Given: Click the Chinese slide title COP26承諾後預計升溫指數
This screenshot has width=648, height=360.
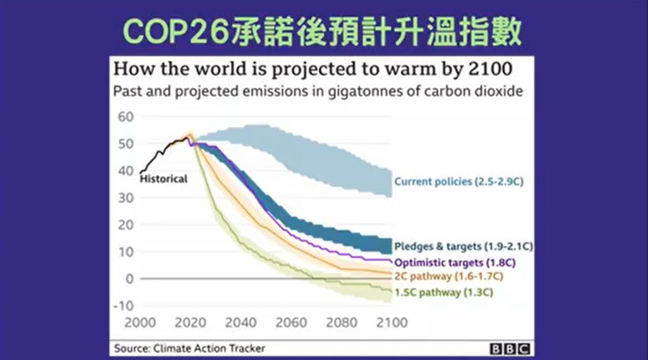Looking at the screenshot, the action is [322, 31].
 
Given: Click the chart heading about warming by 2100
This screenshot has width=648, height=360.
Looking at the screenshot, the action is [313, 69].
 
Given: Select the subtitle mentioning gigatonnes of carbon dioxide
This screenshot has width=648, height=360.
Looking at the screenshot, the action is [318, 91].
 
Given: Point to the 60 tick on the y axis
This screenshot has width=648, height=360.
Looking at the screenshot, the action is [126, 117].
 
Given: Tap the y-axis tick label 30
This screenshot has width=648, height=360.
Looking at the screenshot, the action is [126, 198].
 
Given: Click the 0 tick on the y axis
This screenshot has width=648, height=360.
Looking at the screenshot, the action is [130, 279].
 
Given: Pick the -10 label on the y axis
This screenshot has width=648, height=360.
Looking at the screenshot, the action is [123, 306].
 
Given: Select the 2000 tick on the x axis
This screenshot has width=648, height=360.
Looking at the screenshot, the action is [140, 322].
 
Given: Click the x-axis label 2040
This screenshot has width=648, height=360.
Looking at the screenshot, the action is [241, 322].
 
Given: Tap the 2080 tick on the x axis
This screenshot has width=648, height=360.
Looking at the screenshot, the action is [342, 322].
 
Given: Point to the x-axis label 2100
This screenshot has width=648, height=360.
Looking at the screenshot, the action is [391, 322].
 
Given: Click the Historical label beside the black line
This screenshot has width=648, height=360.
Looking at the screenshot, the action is [164, 179].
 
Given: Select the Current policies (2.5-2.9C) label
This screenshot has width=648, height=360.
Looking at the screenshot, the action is [459, 182].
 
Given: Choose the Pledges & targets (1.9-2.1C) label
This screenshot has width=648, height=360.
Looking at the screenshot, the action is [463, 247].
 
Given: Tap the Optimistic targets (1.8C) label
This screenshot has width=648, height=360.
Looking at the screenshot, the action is [455, 263].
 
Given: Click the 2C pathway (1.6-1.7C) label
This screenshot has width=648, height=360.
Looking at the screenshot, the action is [449, 276].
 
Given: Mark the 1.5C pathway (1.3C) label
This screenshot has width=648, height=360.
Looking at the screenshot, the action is [444, 292].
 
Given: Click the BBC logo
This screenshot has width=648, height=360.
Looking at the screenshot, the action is [510, 349].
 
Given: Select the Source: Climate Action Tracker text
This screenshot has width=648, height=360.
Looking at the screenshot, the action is [189, 348].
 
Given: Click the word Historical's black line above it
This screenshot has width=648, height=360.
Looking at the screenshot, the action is [162, 152].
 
